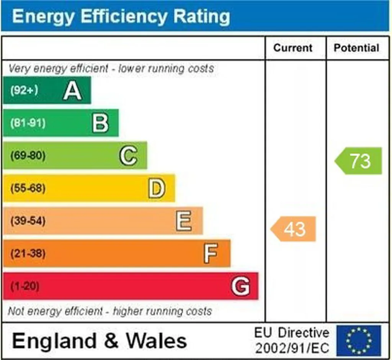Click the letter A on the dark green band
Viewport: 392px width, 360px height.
[x=72, y=90]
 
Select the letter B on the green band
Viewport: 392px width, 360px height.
[x=100, y=123]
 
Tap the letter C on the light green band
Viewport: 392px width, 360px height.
[x=128, y=155]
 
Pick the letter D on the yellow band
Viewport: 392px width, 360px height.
[x=157, y=188]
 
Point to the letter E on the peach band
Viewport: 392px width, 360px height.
[x=184, y=221]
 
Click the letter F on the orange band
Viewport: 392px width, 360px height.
[x=211, y=254]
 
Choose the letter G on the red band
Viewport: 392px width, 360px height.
[x=240, y=286]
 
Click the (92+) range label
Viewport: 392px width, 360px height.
[x=24, y=90]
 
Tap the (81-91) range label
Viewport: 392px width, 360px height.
[x=28, y=123]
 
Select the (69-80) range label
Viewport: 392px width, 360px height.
[x=28, y=155]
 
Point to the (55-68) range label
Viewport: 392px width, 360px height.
[x=28, y=188]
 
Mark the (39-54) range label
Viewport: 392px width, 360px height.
[x=28, y=221]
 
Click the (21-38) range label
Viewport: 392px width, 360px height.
[x=28, y=254]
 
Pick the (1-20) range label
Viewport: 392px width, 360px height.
[x=24, y=286]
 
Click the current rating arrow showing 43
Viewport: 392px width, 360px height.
[x=293, y=229]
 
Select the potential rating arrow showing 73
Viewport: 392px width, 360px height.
[x=358, y=160]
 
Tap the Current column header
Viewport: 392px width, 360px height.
[x=293, y=48]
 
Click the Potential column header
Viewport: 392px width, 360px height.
[x=356, y=48]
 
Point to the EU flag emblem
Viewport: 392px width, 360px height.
[x=359, y=340]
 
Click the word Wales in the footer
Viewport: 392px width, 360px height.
[x=156, y=340]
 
